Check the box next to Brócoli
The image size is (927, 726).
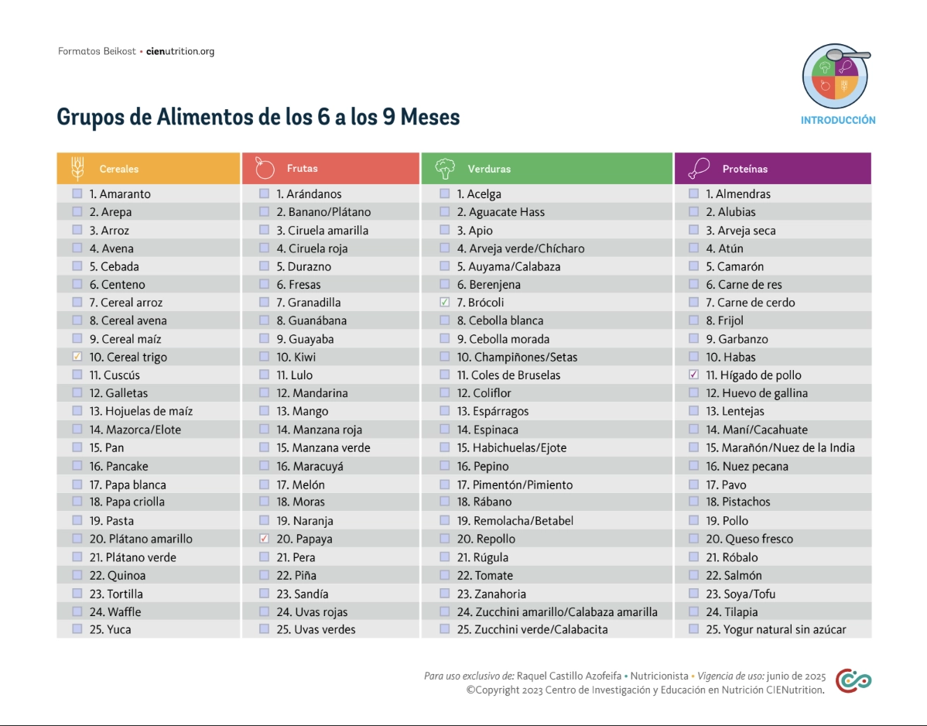pyautogui.click(x=444, y=303)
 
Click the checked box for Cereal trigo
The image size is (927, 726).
pyautogui.click(x=77, y=357)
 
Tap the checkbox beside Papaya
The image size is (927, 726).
pyautogui.click(x=264, y=539)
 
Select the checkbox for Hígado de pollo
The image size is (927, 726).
pyautogui.click(x=693, y=375)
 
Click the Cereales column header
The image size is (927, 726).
pyautogui.click(x=119, y=169)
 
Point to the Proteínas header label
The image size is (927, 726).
pyautogui.click(x=744, y=169)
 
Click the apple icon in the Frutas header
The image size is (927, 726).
pyautogui.click(x=265, y=168)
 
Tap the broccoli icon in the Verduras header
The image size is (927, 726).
pyautogui.click(x=445, y=168)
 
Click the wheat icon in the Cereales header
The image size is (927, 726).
pyautogui.click(x=77, y=168)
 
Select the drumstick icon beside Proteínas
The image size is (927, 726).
pyautogui.click(x=699, y=168)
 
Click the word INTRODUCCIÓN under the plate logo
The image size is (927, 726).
pyautogui.click(x=838, y=121)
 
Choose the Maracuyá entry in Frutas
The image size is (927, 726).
pyautogui.click(x=317, y=466)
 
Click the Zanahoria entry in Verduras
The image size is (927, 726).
pyautogui.click(x=499, y=594)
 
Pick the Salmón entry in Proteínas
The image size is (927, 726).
pyautogui.click(x=743, y=575)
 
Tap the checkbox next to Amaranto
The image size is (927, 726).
pyautogui.click(x=77, y=193)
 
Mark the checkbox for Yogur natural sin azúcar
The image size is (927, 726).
pyautogui.click(x=693, y=629)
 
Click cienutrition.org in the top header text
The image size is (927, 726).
pyautogui.click(x=180, y=52)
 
